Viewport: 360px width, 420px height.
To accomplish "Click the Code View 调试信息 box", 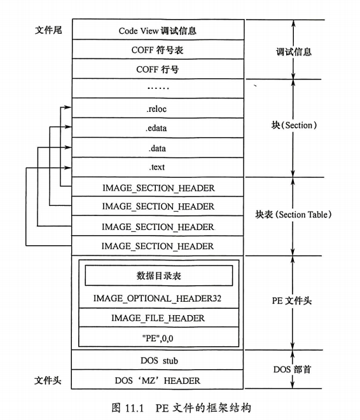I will (158, 30).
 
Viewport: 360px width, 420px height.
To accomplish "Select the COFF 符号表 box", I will (158, 50).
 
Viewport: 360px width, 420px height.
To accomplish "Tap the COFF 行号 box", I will (158, 69).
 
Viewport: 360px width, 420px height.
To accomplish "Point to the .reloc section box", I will (158, 109).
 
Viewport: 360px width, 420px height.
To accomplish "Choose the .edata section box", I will (158, 128).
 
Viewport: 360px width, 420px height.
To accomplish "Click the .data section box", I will (158, 148).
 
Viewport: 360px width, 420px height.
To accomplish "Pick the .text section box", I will (158, 168).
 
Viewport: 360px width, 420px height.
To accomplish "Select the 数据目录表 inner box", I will (158, 275).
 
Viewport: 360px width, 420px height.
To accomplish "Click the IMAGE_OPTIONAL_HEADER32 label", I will (158, 297).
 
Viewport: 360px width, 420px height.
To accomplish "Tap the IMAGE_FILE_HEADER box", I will (158, 318).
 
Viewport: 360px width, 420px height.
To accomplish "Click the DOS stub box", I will (158, 360).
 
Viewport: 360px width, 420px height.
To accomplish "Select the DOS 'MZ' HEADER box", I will (158, 381).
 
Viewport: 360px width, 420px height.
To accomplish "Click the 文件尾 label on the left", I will (47, 30).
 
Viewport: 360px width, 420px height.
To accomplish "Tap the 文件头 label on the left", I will (47, 381).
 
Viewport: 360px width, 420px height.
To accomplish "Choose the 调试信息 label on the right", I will (294, 51).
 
